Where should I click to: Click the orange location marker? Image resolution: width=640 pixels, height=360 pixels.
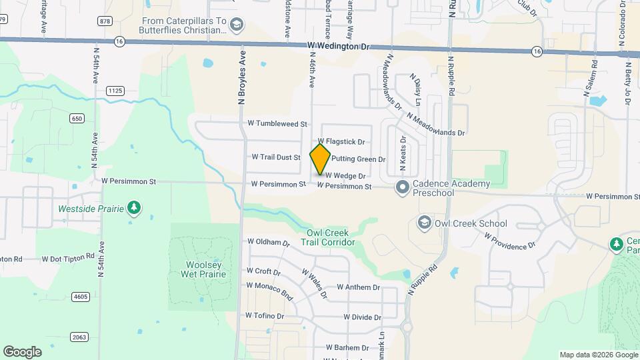click(x=321, y=158)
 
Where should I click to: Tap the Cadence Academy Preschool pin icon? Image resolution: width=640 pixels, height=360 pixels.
click(x=402, y=187)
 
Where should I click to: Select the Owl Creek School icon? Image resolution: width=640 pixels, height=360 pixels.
click(x=423, y=221)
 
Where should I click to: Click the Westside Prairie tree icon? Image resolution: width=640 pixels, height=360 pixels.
click(x=135, y=209)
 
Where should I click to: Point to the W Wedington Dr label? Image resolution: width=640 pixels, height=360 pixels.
click(x=338, y=46)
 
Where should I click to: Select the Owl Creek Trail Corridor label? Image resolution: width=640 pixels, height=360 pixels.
click(x=331, y=237)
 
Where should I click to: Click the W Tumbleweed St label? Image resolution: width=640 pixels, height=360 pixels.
click(x=277, y=124)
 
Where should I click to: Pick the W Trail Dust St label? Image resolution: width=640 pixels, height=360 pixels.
click(x=276, y=157)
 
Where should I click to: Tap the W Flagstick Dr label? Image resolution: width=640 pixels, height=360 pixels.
click(x=341, y=141)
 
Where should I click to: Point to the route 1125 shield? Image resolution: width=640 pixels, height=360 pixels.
click(x=115, y=90)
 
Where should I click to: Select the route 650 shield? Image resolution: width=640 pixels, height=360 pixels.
click(x=77, y=118)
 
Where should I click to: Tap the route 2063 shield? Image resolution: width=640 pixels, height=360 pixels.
click(x=79, y=337)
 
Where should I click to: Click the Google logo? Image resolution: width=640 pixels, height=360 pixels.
click(x=22, y=352)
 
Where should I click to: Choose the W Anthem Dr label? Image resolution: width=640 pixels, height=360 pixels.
click(x=358, y=287)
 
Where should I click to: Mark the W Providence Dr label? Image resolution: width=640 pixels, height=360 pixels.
click(x=510, y=241)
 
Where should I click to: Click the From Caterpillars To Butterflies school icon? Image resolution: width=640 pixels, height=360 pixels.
click(x=235, y=25)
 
